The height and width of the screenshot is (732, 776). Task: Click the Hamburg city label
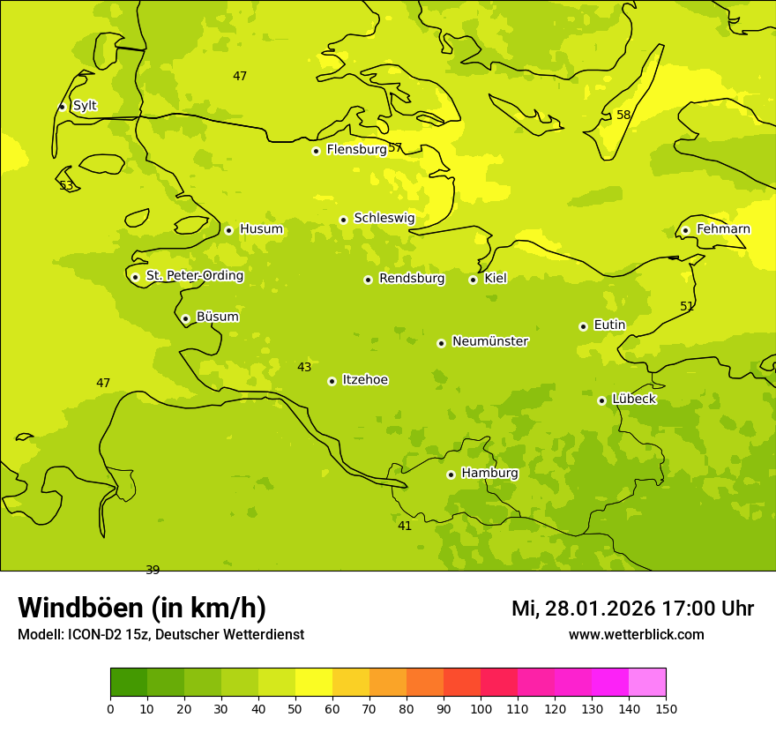point(489,474)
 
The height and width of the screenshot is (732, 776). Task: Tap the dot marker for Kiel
point(473,280)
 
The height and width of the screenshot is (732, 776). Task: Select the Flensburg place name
point(356,150)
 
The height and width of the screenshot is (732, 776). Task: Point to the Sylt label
point(85,106)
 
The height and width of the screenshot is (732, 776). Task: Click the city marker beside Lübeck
point(601,400)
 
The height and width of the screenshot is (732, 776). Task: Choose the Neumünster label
point(489,341)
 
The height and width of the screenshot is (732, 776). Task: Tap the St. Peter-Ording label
point(194,276)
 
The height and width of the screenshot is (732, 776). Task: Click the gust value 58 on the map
point(623,116)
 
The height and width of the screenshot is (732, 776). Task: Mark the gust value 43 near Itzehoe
point(304,368)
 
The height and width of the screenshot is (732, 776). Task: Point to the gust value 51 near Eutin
point(687,307)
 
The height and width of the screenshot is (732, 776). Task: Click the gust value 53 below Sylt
point(66,186)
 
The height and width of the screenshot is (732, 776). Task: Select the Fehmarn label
point(723,229)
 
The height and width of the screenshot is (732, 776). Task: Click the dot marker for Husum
point(228,230)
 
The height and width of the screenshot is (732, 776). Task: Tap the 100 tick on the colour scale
point(481,708)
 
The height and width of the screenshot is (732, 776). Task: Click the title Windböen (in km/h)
point(142,609)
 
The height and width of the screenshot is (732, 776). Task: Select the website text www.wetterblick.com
point(636,635)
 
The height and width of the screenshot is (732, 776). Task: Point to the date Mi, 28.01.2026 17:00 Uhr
point(632,609)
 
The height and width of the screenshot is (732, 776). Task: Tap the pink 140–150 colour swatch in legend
point(647,682)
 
